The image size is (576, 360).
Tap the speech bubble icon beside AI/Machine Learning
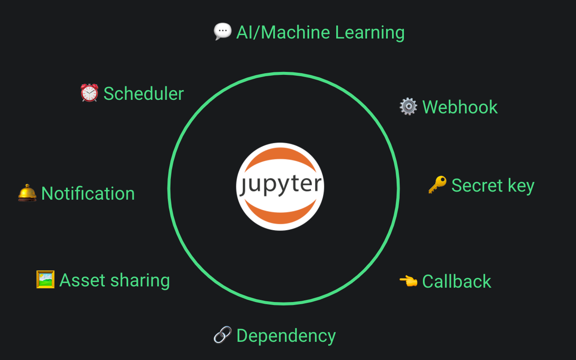222,32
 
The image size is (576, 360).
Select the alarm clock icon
89,93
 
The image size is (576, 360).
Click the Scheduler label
143,93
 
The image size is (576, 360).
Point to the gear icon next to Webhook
408,107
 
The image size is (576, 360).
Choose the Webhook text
460,107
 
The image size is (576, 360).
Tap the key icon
437,185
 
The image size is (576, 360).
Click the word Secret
477,185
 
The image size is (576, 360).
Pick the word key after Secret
521,186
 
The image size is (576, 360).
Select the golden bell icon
27,193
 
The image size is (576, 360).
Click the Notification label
88,193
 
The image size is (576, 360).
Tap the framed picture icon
45,280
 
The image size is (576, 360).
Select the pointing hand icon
408,281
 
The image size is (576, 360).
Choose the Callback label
457,281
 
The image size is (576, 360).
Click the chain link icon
222,335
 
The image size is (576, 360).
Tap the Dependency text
286,336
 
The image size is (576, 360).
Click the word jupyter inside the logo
280,185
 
